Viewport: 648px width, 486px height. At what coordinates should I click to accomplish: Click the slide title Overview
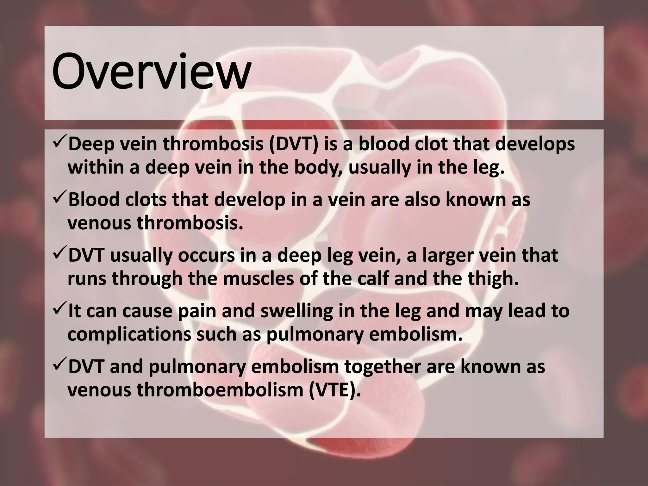(x=151, y=71)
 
